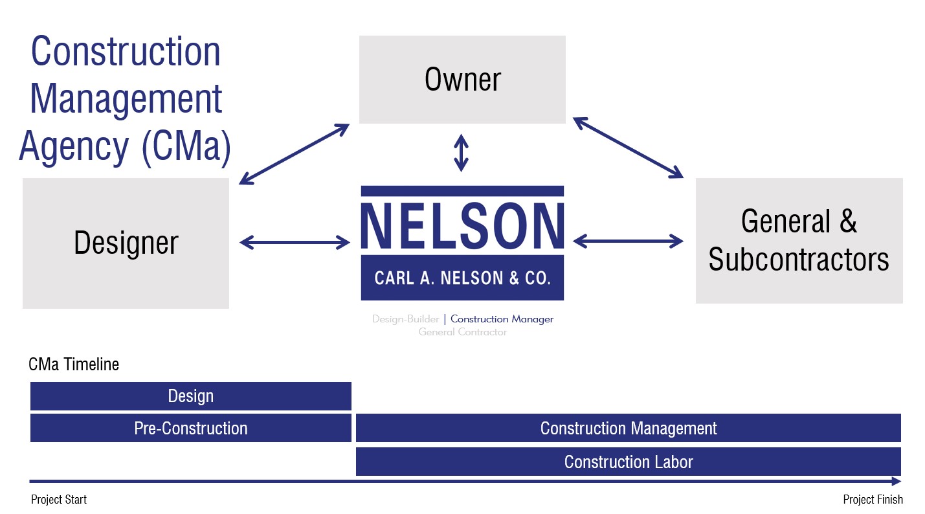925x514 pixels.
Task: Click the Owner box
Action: [462, 79]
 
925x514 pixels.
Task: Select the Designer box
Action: [126, 243]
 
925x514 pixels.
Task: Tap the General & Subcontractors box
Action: [799, 241]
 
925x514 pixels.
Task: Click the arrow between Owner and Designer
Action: [295, 154]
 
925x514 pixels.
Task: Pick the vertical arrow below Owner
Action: [462, 153]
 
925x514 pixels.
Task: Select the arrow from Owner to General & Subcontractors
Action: [628, 148]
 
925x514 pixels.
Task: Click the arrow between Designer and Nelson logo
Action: [295, 242]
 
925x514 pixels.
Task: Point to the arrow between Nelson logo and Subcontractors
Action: [628, 241]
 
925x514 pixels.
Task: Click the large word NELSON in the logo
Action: [462, 226]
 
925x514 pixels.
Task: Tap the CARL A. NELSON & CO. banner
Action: [462, 278]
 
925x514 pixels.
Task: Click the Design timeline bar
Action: [191, 396]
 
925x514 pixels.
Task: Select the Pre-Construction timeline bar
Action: [191, 428]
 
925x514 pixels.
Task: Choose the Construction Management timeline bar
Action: [629, 428]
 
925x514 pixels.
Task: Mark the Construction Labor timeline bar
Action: [629, 462]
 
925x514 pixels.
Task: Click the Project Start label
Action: [59, 500]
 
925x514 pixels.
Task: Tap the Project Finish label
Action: [873, 500]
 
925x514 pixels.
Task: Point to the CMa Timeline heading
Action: [74, 364]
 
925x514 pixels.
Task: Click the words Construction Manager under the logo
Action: [502, 319]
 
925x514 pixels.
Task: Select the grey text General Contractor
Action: [462, 332]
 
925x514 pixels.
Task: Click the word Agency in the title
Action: [74, 148]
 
